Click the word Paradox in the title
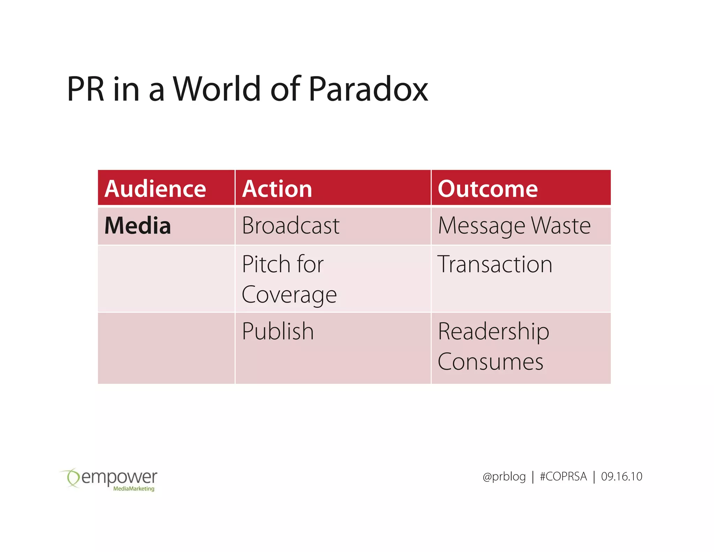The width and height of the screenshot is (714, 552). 368,89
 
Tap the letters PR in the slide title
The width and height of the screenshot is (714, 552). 86,89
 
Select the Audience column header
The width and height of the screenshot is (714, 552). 155,189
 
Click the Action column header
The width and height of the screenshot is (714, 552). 277,189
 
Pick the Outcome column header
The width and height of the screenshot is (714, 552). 488,189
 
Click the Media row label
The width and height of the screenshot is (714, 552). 138,226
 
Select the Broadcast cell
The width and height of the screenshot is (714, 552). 290,226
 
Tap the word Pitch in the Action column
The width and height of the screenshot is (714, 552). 266,264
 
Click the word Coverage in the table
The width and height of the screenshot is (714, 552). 289,295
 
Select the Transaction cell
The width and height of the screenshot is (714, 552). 495,264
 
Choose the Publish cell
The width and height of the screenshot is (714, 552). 278,331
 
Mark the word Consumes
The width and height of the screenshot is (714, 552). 490,362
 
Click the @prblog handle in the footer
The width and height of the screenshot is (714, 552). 504,477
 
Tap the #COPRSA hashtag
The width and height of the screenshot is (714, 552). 563,477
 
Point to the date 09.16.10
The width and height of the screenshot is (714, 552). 621,477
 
